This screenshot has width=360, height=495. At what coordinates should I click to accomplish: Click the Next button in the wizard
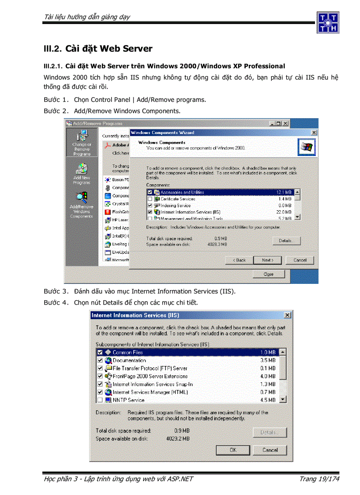(268, 260)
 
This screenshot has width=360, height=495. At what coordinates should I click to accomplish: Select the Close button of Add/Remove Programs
(268, 274)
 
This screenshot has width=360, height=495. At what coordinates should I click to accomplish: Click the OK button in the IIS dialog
(233, 450)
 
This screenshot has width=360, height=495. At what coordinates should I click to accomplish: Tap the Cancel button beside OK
(270, 450)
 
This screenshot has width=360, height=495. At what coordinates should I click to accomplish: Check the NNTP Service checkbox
(100, 400)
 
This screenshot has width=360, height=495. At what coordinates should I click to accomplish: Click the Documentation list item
(129, 361)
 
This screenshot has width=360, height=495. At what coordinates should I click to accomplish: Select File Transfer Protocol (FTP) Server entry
(150, 368)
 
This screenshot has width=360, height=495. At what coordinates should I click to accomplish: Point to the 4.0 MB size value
(267, 376)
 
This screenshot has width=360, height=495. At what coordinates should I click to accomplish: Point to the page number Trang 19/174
(319, 479)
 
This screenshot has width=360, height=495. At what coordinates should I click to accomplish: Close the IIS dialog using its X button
(287, 315)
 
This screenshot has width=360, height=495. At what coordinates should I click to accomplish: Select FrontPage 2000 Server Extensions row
(150, 376)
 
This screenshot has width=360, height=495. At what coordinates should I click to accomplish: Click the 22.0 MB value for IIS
(284, 212)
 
